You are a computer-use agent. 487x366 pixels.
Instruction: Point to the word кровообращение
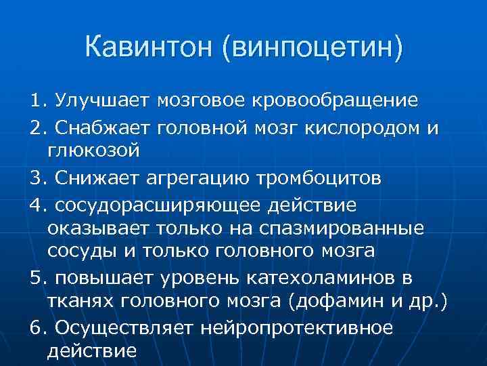(x=335, y=101)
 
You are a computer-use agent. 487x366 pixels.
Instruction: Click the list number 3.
(x=35, y=179)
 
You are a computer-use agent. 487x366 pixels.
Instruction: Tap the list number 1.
(x=35, y=101)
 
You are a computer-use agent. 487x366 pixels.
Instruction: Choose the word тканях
(x=80, y=302)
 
